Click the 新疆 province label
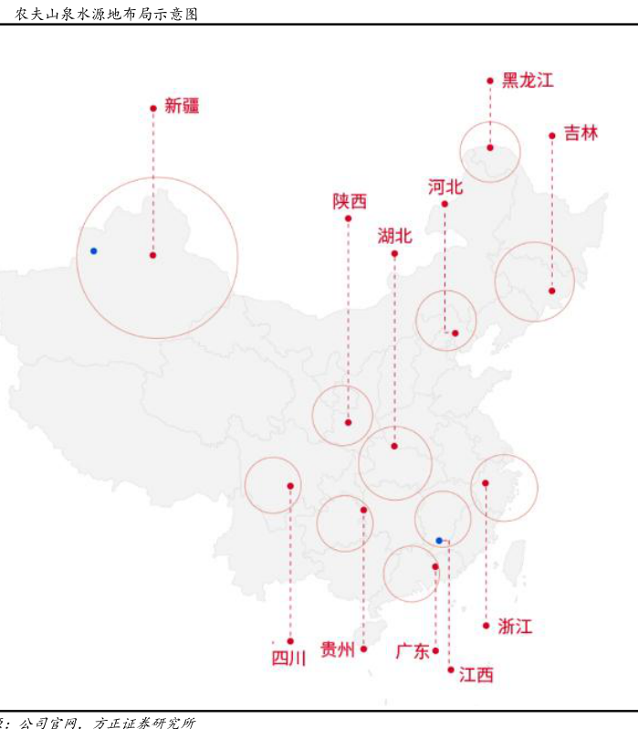[x=182, y=106]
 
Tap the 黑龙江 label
[x=528, y=80]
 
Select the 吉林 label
[x=580, y=133]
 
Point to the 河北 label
[x=445, y=187]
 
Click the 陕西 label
[x=350, y=201]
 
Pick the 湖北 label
[x=394, y=237]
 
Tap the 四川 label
[x=288, y=659]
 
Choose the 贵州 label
[x=338, y=649]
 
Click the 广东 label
[x=413, y=651]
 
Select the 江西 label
[x=476, y=674]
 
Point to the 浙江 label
[x=515, y=627]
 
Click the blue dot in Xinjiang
[x=94, y=251]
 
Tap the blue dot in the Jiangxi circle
[x=439, y=541]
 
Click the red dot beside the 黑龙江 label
[x=490, y=81]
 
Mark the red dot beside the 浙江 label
[x=486, y=626]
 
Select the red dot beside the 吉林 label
[x=552, y=136]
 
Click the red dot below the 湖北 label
[x=394, y=254]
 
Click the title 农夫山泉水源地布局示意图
[x=107, y=14]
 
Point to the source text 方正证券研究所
[x=144, y=723]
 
